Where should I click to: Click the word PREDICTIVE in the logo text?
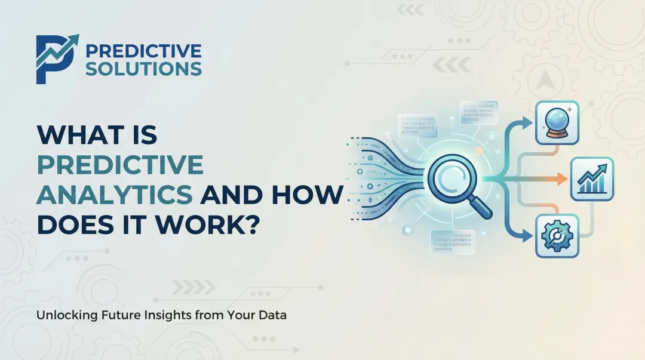click(x=143, y=51)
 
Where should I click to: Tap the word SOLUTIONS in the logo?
click(x=143, y=69)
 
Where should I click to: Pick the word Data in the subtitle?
click(x=274, y=315)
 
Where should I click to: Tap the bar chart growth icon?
click(x=591, y=179)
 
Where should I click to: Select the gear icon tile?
click(x=557, y=236)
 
